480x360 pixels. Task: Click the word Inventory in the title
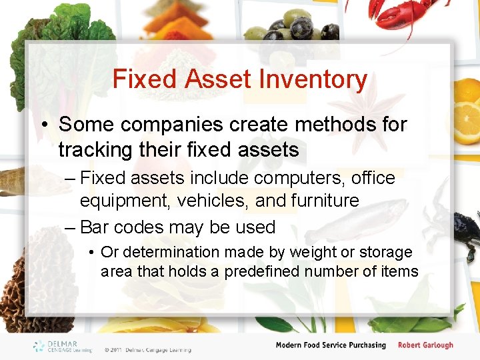coord(313,79)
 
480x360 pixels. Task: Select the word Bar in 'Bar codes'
coord(93,227)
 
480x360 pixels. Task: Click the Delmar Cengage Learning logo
coord(63,346)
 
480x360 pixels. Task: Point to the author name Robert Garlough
coord(425,345)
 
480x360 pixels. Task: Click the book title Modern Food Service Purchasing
coord(331,345)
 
